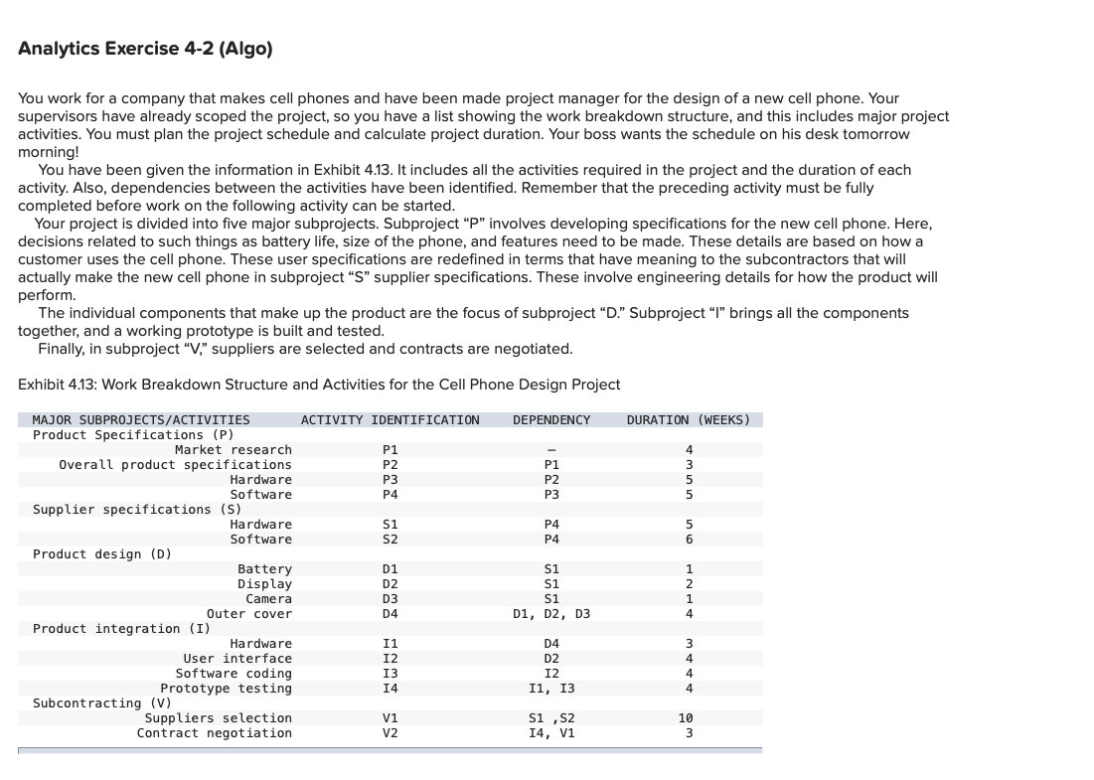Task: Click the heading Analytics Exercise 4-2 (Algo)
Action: pyautogui.click(x=145, y=49)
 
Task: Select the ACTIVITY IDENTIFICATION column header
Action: pyautogui.click(x=390, y=420)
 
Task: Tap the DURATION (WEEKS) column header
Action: pyautogui.click(x=689, y=420)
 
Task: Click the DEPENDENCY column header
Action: pyautogui.click(x=551, y=420)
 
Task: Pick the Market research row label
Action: pyautogui.click(x=234, y=450)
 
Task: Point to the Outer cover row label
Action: pyautogui.click(x=249, y=614)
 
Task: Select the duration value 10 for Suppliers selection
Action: pyautogui.click(x=686, y=718)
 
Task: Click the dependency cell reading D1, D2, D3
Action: pyautogui.click(x=551, y=614)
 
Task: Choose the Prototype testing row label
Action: pyautogui.click(x=227, y=689)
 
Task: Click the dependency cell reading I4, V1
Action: pyautogui.click(x=551, y=733)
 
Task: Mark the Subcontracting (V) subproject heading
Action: pyautogui.click(x=87, y=703)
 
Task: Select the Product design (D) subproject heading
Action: pyautogui.click(x=102, y=554)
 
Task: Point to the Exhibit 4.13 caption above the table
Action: pyautogui.click(x=319, y=385)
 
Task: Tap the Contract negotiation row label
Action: pyautogui.click(x=215, y=733)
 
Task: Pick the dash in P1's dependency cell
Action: pyautogui.click(x=551, y=450)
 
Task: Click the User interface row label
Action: pyautogui.click(x=237, y=659)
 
